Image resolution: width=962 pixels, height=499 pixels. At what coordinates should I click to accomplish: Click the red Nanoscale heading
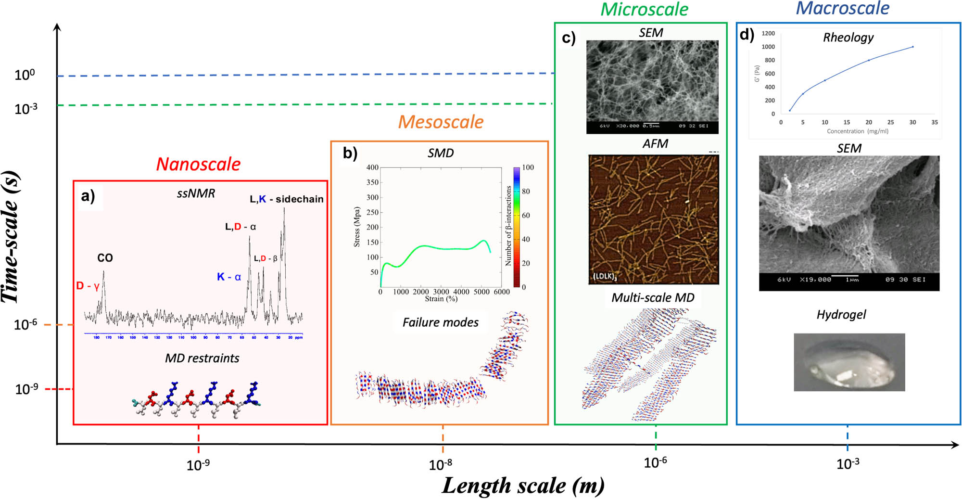point(198,165)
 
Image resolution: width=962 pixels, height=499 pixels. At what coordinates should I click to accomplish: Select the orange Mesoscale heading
point(441,122)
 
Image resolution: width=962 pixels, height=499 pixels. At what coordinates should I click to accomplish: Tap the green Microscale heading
point(645,10)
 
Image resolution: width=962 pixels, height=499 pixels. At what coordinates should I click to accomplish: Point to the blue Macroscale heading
point(842,8)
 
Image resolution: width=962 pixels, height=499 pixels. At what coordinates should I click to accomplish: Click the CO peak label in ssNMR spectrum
point(105,258)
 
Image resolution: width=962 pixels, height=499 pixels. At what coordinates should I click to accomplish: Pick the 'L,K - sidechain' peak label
point(287,199)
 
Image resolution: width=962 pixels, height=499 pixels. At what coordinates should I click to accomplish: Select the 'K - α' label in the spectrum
point(229,277)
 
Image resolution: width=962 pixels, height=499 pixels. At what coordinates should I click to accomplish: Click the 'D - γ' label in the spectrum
point(88,286)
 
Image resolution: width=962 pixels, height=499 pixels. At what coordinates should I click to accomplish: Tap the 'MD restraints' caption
point(202,358)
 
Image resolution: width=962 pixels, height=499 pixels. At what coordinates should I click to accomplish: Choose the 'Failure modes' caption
point(440,322)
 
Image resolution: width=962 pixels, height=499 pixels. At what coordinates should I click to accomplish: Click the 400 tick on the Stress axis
point(372,167)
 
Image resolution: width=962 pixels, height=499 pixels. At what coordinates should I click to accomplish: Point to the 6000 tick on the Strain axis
point(502,292)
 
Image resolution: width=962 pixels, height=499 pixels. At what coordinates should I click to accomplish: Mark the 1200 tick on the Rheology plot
point(768,33)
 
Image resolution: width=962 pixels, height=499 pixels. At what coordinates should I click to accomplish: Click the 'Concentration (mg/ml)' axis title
point(857,131)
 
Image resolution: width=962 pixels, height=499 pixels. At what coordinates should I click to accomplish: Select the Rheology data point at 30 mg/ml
point(912,47)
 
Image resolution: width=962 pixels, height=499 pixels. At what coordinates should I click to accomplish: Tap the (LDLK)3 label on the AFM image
point(605,276)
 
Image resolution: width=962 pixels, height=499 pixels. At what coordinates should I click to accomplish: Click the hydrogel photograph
point(849,362)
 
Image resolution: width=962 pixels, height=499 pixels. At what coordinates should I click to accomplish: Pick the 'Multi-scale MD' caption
point(653,298)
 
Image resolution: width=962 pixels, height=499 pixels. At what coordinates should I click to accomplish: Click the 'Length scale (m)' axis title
point(523,486)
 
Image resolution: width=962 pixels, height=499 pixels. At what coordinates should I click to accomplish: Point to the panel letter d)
point(747,35)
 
